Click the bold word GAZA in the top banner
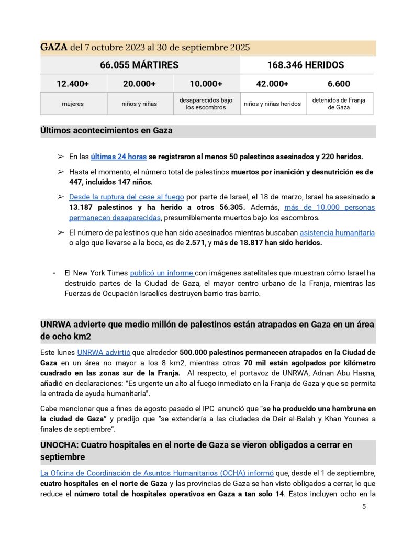point(54,48)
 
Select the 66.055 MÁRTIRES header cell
point(139,65)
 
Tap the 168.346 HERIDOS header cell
point(306,65)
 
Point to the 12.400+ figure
point(73,84)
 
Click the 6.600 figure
point(339,84)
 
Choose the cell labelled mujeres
point(73,104)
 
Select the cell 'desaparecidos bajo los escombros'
point(206,104)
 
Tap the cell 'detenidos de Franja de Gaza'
point(339,104)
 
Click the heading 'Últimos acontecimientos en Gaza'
point(106,131)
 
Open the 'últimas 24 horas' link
point(118,157)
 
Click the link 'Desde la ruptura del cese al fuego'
point(127,197)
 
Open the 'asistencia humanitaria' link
point(337,232)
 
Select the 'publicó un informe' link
point(162,273)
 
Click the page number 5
point(364,507)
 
